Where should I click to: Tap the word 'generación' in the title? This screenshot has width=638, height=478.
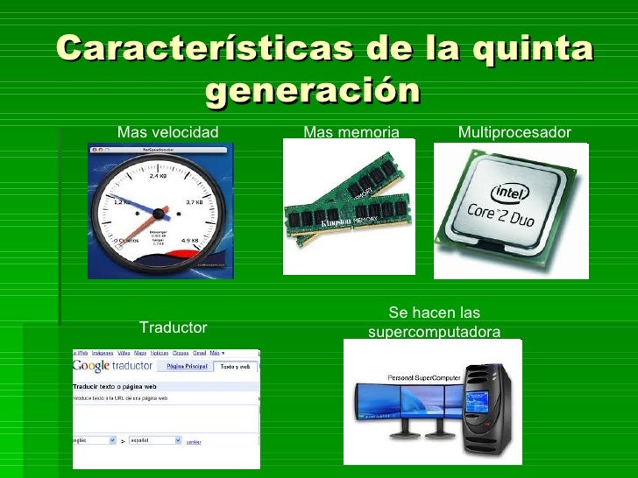tap(313, 89)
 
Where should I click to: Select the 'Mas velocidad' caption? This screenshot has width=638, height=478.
tap(167, 132)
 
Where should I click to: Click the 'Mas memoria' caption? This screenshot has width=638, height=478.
tap(351, 132)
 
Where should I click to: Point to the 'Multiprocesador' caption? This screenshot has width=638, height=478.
tap(514, 132)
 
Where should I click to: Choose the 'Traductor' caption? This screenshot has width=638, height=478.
tap(174, 327)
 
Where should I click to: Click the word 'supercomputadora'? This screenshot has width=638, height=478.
tap(435, 332)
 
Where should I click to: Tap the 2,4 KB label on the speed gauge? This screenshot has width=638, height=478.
tap(158, 176)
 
